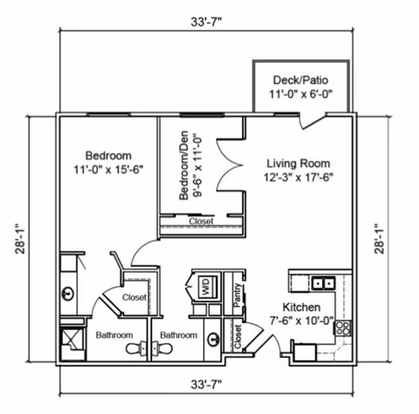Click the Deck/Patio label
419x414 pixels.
click(300, 80)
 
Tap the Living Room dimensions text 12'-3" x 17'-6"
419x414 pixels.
click(299, 177)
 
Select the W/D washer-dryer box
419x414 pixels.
click(208, 286)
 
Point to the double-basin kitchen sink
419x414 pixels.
click(323, 283)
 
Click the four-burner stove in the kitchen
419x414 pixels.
click(343, 328)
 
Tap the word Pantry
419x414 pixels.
click(237, 295)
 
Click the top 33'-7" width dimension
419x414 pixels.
click(206, 22)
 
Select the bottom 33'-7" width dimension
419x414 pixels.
click(206, 384)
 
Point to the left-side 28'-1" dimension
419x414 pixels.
click(21, 239)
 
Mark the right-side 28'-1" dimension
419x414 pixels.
click(380, 239)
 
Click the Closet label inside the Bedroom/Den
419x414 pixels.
click(201, 221)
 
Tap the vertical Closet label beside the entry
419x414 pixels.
click(237, 337)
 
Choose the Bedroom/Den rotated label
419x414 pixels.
click(183, 165)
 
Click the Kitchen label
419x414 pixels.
click(302, 307)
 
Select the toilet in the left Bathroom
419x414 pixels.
click(136, 348)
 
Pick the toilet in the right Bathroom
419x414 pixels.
click(162, 348)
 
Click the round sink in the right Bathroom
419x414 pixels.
click(214, 339)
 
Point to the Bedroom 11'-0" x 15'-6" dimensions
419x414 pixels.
click(108, 169)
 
